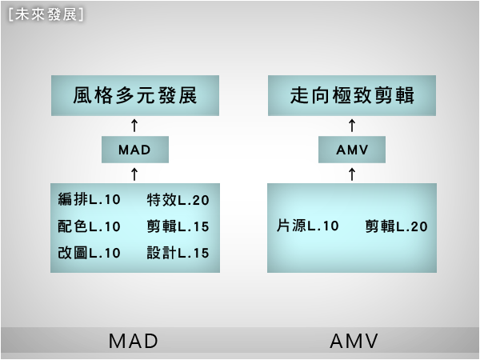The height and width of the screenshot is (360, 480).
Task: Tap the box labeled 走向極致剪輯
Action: coord(352,97)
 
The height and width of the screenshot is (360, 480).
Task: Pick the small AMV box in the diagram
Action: coord(352,149)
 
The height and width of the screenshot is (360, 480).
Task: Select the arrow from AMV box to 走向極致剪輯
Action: coord(352,126)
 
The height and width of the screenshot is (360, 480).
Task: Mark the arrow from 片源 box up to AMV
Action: coord(352,173)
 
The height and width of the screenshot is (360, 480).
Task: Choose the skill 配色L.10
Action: coord(89,226)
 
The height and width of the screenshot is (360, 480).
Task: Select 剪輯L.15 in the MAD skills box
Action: coord(178,226)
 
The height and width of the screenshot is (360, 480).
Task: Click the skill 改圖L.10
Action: coord(89,253)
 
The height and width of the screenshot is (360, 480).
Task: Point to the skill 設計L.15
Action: coord(178,253)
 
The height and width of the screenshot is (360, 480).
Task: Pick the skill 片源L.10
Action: coord(308,226)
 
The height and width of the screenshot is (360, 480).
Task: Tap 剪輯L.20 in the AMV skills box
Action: coord(396,226)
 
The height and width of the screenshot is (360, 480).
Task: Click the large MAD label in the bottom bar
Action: coord(134,342)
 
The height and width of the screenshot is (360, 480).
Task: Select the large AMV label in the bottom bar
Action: coord(354,342)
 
